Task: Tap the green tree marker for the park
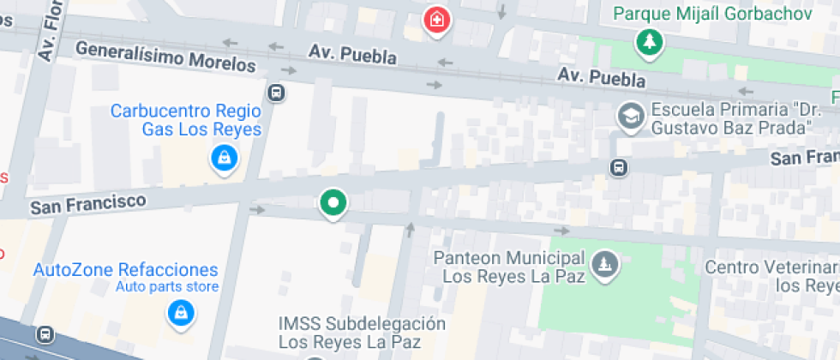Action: point(650,42)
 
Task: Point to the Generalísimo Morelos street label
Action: point(165,56)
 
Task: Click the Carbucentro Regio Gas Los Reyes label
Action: point(185,120)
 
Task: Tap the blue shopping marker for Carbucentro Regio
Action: point(224,158)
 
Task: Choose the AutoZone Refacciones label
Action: point(125,270)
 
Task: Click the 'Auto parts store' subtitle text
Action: point(167,287)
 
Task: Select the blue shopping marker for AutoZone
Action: point(179,314)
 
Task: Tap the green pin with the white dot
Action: point(333,203)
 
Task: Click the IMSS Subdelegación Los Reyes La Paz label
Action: point(362,333)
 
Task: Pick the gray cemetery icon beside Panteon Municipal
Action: point(605,265)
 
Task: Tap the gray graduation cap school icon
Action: point(631,116)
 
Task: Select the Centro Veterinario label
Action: point(771,276)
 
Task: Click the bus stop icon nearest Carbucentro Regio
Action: point(276,93)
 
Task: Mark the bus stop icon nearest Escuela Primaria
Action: point(618,167)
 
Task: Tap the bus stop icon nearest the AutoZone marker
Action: point(45,334)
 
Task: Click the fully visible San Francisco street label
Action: point(87,203)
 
